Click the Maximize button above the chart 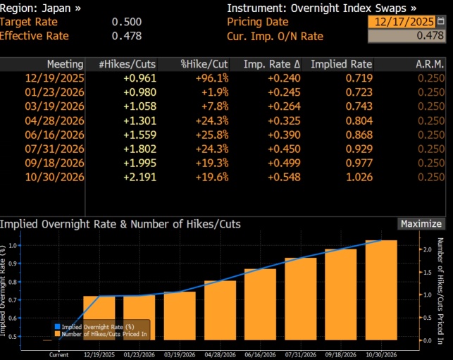coord(421,224)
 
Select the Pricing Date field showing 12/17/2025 coord(402,22)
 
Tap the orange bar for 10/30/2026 coord(381,290)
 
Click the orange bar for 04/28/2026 coord(220,310)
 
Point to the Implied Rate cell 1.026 coord(359,177)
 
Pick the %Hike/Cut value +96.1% coord(212,78)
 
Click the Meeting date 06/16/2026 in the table coord(55,135)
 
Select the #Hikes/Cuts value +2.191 coord(139,177)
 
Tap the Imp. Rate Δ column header coord(272,64)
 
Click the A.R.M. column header coord(430,64)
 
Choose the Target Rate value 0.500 coord(127,22)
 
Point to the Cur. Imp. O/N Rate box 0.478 coord(407,36)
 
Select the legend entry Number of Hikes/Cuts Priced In coord(101,334)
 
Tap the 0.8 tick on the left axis coord(13,282)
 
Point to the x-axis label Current coord(59,355)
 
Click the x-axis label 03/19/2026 coord(180,355)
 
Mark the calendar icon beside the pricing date coord(440,21)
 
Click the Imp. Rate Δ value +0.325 coord(285,120)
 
